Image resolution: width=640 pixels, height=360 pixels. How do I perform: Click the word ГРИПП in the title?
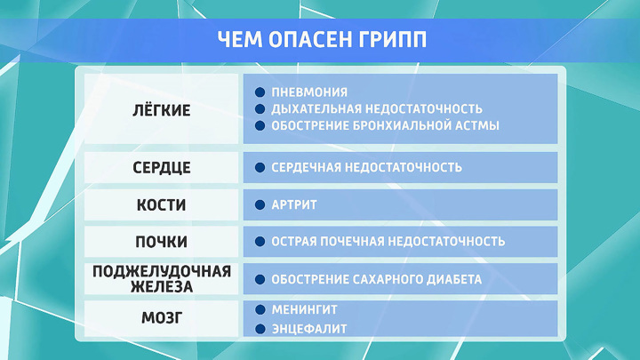pos(392,40)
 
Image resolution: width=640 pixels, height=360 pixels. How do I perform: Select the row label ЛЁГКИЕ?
pos(162,110)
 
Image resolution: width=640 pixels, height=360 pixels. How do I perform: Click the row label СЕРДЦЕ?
pos(162,167)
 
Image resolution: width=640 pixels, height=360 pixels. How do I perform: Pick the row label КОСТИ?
pos(161,205)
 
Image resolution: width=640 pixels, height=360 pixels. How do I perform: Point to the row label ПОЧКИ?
pos(161,242)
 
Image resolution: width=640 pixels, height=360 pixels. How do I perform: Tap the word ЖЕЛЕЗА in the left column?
pos(162,286)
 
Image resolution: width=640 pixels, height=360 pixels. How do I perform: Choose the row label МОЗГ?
pos(162,317)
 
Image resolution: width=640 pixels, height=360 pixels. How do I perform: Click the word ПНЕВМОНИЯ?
pos(309,92)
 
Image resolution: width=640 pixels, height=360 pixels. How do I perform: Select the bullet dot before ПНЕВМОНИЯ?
pos(260,92)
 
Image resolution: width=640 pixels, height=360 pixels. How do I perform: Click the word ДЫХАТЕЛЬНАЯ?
pos(316,109)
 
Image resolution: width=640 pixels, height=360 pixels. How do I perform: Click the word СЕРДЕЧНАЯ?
pos(306,167)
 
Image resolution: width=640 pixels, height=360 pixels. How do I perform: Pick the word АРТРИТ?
pos(294,205)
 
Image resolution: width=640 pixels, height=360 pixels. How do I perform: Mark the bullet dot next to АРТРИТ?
pos(260,205)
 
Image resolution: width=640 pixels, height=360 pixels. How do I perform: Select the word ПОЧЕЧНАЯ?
pos(352,242)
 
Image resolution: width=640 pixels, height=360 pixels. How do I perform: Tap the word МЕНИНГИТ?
pos(305,310)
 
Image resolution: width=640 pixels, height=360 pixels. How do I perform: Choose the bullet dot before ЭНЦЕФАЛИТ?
pos(260,329)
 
